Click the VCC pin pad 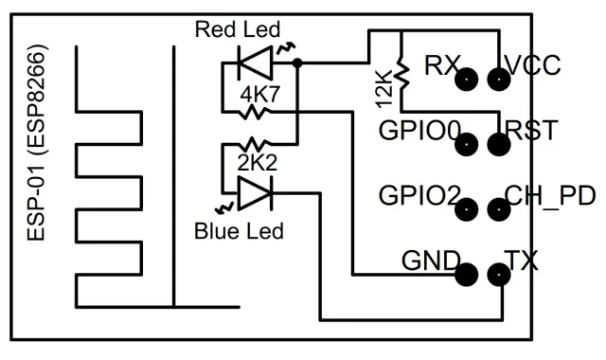point(499,80)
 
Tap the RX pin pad point(467,80)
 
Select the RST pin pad point(499,145)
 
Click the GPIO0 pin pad point(467,145)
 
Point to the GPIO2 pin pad point(467,209)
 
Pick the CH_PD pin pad point(499,209)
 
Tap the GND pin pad point(467,275)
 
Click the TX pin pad point(499,275)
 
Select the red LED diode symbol point(255,63)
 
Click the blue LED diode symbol point(255,193)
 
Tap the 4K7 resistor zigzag point(254,113)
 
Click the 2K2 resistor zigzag point(254,144)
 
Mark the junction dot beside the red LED point(297,63)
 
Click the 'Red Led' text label point(238,29)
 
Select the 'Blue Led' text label point(239,231)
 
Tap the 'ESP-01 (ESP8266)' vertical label point(38,143)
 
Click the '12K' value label point(384,88)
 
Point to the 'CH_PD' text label point(550,196)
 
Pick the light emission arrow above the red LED point(287,49)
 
